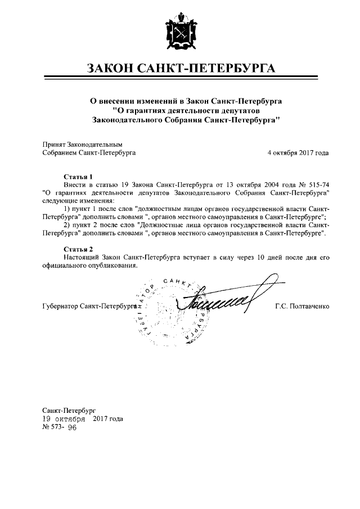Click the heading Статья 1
coord(78,177)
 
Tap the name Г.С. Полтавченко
coord(302,307)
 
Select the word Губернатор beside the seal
coord(60,307)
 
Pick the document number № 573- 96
coord(60,427)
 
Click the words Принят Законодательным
coord(83,144)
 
